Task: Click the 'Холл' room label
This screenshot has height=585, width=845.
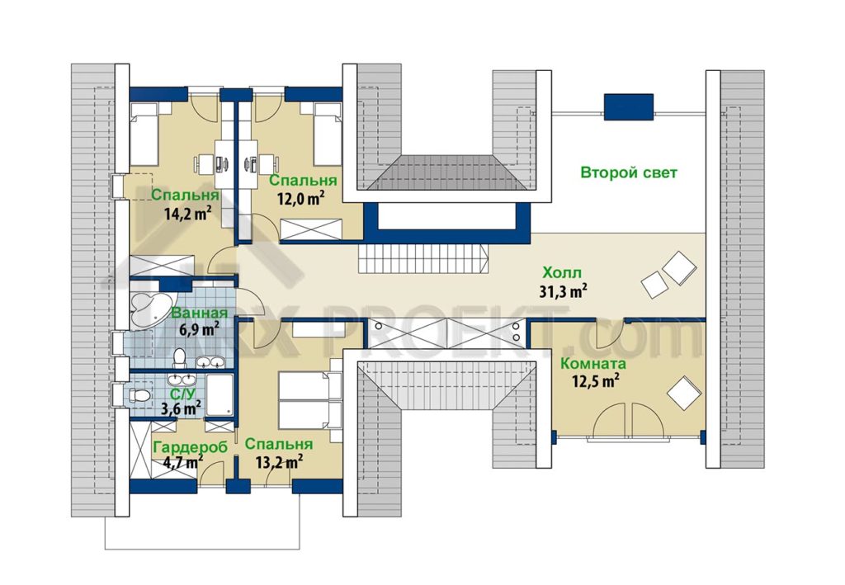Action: [562, 272]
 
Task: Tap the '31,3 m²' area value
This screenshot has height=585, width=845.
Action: [563, 291]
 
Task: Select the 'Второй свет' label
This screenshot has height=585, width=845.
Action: [628, 173]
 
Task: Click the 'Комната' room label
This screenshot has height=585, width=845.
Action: [593, 364]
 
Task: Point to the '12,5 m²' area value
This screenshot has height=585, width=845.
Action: [595, 381]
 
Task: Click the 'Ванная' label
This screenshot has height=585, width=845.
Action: [199, 313]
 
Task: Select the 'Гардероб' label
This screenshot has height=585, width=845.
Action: [191, 448]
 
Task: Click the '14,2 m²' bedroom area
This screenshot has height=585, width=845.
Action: [187, 214]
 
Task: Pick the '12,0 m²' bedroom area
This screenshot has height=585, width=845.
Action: [300, 199]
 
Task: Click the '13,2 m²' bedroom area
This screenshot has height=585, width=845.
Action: [277, 461]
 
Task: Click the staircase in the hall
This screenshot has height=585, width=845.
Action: [423, 258]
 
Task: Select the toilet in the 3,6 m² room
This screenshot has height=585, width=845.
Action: [140, 395]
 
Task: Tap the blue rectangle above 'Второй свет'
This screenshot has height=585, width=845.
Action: [628, 106]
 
